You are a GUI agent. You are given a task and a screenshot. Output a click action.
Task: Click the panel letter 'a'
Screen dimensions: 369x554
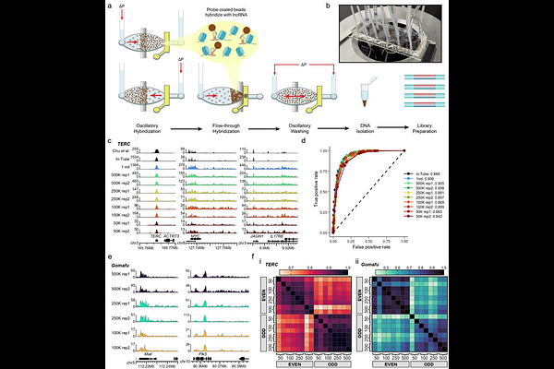[x=110, y=6]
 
